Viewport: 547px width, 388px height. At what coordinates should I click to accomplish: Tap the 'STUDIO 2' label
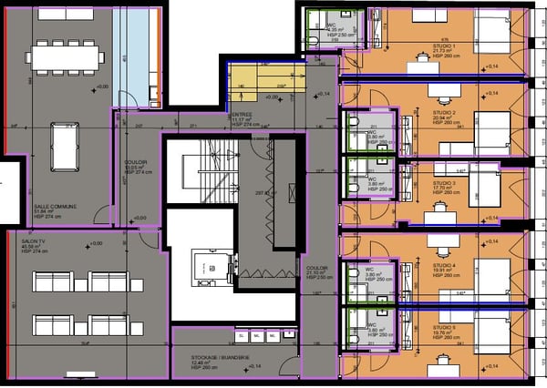pyautogui.click(x=435, y=113)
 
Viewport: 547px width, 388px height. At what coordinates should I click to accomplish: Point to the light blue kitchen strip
pyautogui.click(x=137, y=55)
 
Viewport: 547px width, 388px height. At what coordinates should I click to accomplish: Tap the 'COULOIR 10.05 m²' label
pyautogui.click(x=136, y=166)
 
